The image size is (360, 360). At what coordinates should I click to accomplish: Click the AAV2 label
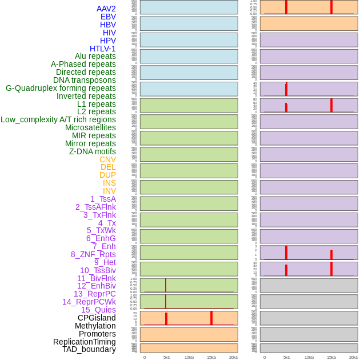click(106, 9)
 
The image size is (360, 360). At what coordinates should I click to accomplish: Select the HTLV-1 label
click(103, 49)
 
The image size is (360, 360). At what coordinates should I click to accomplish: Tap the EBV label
click(108, 17)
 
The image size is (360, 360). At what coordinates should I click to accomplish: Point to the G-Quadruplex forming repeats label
click(61, 88)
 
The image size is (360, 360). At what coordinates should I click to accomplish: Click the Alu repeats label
click(95, 56)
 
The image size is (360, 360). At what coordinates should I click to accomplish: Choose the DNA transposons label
click(85, 80)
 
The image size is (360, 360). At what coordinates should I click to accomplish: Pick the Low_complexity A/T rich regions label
click(58, 119)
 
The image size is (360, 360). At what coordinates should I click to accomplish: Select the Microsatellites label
click(90, 127)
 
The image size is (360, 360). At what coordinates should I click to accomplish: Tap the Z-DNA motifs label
click(93, 151)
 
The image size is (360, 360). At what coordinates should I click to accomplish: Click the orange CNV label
click(107, 159)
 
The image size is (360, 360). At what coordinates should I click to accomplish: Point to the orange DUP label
click(107, 175)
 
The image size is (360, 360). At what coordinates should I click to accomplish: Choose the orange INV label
click(109, 191)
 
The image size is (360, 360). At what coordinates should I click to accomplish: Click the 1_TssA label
click(103, 199)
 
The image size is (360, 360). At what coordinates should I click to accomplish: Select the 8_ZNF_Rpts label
click(93, 254)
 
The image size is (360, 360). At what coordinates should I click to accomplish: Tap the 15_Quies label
click(98, 310)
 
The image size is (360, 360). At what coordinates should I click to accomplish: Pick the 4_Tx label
click(107, 223)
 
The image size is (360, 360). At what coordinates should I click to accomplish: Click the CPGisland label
click(97, 318)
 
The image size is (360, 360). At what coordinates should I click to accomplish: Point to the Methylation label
click(95, 326)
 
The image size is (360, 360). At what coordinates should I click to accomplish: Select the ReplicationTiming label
click(85, 342)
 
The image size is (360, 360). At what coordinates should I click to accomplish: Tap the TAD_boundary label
click(89, 349)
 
